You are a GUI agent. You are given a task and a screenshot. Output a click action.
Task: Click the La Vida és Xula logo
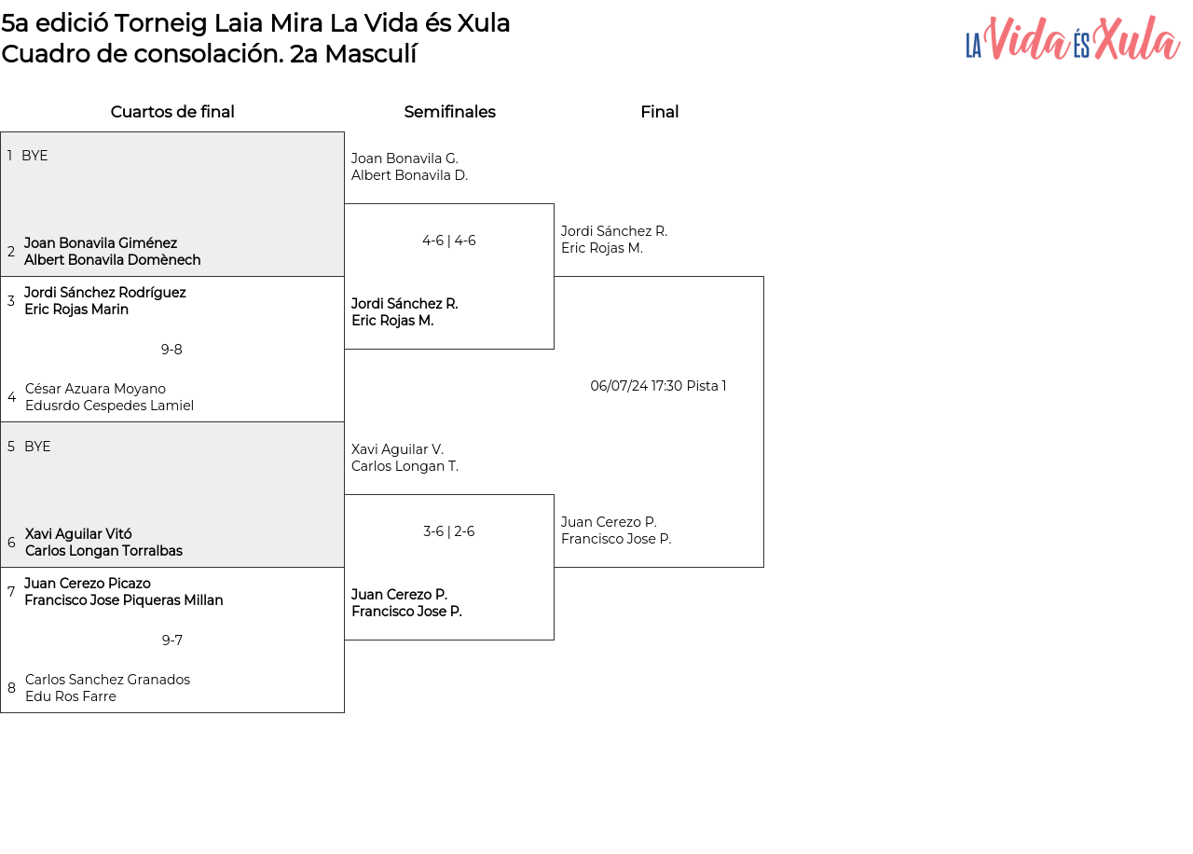click(1073, 38)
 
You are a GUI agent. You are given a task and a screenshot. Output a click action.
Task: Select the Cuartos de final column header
click(172, 112)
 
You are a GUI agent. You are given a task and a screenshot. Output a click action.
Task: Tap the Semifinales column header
click(449, 112)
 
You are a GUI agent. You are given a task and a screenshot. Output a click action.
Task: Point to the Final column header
click(659, 112)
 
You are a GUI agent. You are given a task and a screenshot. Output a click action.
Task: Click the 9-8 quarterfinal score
click(171, 350)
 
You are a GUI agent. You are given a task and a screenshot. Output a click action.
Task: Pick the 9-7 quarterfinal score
click(172, 640)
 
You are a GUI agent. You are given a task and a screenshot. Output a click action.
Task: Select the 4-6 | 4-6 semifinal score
click(449, 241)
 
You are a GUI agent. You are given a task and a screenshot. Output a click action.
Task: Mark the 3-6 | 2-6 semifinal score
click(449, 531)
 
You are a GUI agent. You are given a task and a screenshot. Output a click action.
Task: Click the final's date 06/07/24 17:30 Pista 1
click(658, 386)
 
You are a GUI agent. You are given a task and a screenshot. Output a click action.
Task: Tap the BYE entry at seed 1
click(34, 156)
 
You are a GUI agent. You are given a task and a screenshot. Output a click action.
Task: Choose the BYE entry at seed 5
click(37, 447)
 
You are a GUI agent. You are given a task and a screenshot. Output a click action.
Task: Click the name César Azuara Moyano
click(95, 389)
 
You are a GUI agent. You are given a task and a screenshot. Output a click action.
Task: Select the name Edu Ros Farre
click(70, 696)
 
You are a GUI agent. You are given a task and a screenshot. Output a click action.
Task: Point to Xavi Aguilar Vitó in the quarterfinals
click(78, 534)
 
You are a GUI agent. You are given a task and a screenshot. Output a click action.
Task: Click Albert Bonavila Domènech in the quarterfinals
click(113, 260)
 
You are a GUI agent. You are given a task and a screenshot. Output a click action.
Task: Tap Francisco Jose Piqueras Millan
click(124, 600)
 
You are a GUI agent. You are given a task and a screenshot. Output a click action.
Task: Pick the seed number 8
click(11, 688)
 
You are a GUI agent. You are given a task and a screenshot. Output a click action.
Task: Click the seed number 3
click(10, 300)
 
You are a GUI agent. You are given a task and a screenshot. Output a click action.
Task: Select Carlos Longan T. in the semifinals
click(405, 466)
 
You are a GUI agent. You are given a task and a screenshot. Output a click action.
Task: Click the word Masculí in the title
click(371, 54)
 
